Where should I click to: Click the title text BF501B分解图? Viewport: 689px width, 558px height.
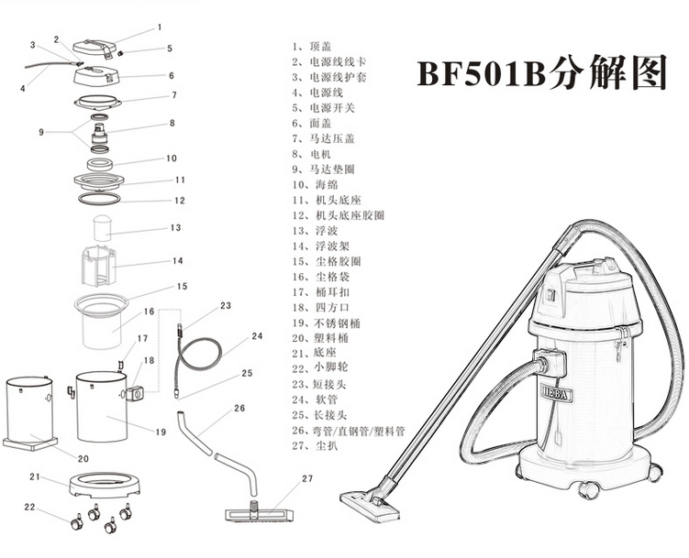click(x=541, y=72)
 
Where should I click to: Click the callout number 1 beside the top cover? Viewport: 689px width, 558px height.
click(x=159, y=27)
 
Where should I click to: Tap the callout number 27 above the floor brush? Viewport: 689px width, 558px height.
click(x=307, y=478)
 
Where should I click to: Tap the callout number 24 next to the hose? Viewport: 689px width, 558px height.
click(x=257, y=336)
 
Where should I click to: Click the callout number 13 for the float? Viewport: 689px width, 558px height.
click(x=175, y=228)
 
